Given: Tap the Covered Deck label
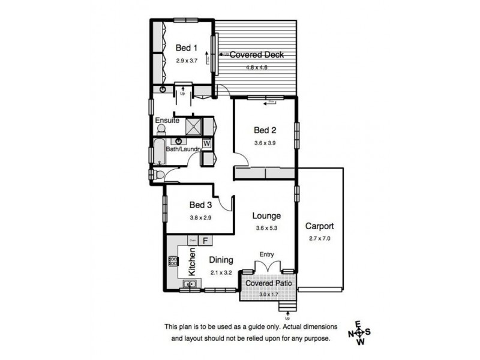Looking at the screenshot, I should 256,55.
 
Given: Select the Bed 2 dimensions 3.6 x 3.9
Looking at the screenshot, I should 265,143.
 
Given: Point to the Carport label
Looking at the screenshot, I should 319,227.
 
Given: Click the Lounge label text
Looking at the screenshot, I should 266,215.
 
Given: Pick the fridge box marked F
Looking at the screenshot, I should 205,241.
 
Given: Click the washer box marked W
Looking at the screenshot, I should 206,143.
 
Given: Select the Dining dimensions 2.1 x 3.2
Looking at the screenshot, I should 221,272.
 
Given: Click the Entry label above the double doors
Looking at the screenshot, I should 266,255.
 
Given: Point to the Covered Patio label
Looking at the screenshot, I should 268,283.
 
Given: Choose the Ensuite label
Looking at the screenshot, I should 168,121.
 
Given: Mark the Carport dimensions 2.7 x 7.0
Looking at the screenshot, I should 319,238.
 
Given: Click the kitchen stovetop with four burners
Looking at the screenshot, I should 173,261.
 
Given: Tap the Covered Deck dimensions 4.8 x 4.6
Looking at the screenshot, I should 256,67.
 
